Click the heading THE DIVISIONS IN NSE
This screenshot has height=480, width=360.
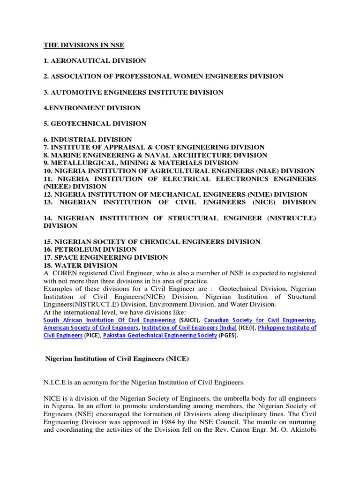[x=84, y=45]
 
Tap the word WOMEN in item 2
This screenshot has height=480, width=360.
[x=185, y=76]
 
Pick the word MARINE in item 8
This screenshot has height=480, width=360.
[x=66, y=155]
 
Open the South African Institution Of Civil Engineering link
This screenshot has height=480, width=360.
[x=109, y=320]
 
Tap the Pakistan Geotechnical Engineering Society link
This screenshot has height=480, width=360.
[x=160, y=336]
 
